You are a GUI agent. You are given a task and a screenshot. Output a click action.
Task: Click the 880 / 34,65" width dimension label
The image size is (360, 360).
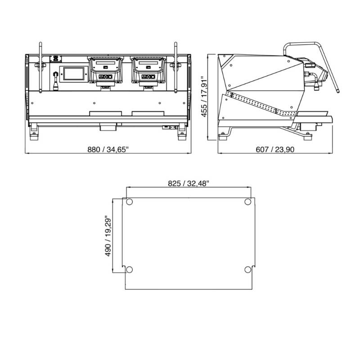(x=108, y=149)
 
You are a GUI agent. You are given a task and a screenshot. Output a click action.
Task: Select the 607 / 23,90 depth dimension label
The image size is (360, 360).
(x=275, y=149)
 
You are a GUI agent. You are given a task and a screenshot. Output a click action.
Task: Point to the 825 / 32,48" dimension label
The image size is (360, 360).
(x=189, y=184)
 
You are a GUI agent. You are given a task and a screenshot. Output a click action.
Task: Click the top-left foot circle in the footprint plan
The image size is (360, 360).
(x=130, y=202)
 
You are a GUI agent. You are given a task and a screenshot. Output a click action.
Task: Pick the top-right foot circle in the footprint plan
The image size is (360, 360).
(x=248, y=202)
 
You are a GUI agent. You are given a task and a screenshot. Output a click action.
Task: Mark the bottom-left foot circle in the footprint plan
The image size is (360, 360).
(x=130, y=269)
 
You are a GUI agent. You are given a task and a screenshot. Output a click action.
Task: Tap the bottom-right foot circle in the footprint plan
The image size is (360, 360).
(x=248, y=269)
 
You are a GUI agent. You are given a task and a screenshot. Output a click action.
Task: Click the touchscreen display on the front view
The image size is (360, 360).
(x=74, y=74)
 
